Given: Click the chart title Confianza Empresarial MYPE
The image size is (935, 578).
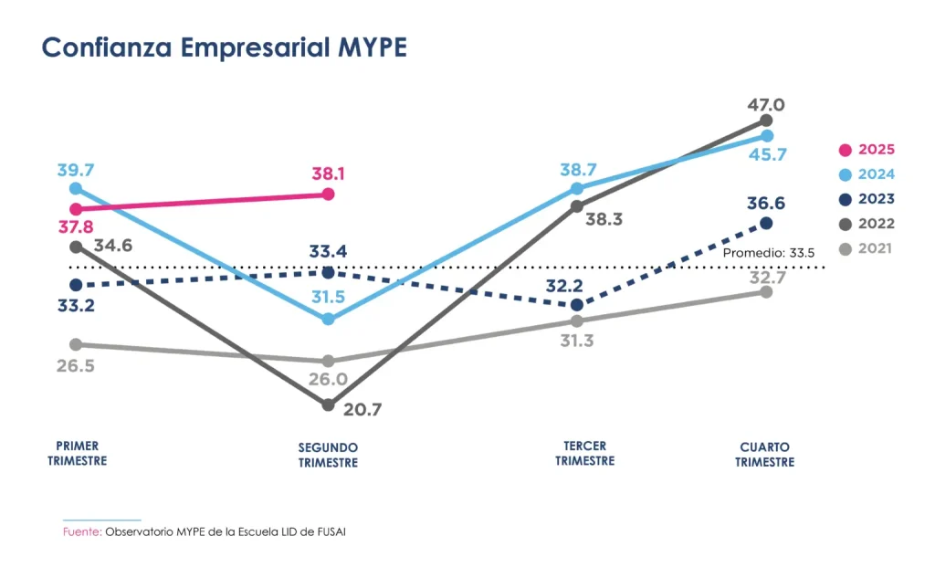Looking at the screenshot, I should click(x=224, y=48).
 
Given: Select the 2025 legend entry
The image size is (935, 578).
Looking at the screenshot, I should click(x=867, y=150).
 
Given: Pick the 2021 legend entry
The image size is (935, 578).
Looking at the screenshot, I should click(x=867, y=248).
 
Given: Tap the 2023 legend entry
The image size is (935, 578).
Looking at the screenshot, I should click(x=867, y=199).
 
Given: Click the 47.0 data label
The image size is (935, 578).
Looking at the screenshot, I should click(x=766, y=104).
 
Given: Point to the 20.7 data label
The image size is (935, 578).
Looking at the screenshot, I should click(x=362, y=409).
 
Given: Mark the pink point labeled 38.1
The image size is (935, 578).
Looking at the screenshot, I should click(x=328, y=194).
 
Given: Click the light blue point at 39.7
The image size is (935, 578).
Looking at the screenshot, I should click(x=76, y=188).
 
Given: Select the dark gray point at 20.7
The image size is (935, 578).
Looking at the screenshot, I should click(x=328, y=405).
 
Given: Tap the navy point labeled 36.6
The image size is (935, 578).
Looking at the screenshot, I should click(x=766, y=223).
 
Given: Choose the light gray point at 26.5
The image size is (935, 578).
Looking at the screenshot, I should click(x=76, y=344).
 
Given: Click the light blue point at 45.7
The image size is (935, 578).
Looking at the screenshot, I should click(x=766, y=136).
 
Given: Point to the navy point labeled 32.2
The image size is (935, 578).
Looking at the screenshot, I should click(x=576, y=305).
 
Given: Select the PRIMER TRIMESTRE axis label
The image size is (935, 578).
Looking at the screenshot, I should click(x=77, y=454).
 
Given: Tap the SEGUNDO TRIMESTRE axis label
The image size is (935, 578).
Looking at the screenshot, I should click(x=328, y=455).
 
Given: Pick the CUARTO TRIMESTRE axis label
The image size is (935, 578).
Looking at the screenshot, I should click(x=764, y=455).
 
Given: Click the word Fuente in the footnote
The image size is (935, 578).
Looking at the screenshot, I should click(x=81, y=531).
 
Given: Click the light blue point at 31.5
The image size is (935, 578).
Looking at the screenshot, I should click(x=328, y=320).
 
